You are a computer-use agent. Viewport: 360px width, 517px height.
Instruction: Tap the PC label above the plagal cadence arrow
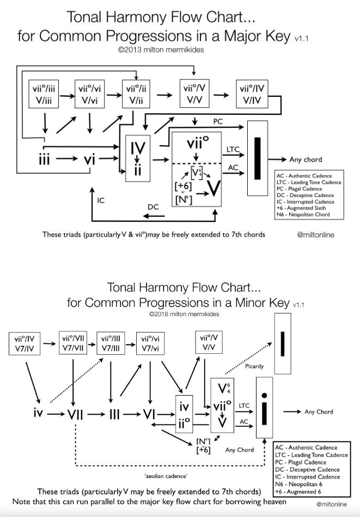(218, 121)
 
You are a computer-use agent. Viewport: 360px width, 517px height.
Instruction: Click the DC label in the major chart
(153, 207)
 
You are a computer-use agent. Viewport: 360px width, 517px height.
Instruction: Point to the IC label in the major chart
(101, 200)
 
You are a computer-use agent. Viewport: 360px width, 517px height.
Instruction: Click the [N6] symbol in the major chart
(184, 199)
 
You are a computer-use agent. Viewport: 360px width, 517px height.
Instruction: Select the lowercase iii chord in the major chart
(44, 159)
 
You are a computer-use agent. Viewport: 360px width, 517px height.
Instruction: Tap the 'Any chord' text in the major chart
(306, 159)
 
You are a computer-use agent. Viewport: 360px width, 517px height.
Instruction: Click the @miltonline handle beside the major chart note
(315, 235)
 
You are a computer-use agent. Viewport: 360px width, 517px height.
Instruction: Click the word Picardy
(254, 366)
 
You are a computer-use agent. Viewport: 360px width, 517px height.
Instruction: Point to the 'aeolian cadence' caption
(166, 476)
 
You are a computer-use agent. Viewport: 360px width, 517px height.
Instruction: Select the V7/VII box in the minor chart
(73, 343)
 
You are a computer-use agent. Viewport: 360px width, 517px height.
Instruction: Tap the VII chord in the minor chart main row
(75, 414)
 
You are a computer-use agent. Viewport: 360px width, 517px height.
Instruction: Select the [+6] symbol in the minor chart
(203, 450)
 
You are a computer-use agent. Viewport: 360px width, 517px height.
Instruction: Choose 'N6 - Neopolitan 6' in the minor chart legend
(298, 484)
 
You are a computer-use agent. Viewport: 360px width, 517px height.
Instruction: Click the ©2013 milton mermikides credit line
(161, 50)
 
